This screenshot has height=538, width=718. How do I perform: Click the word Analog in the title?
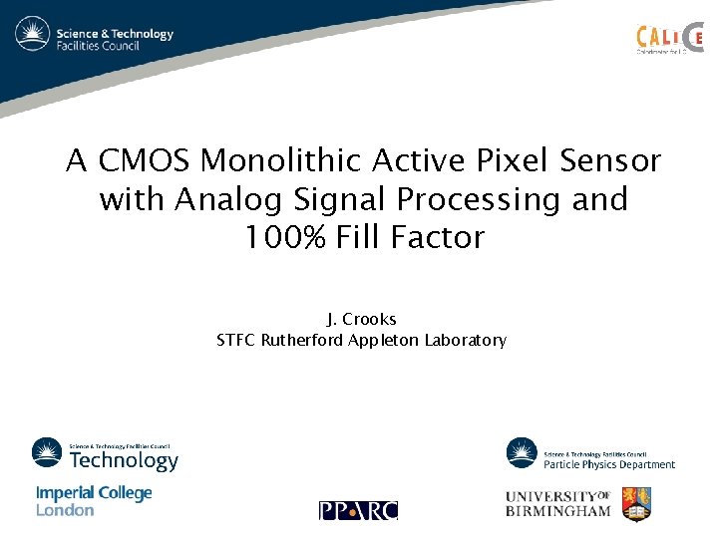coord(220,199)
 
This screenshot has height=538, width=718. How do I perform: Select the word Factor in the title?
coord(443,238)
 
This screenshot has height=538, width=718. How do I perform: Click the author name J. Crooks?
coord(361,320)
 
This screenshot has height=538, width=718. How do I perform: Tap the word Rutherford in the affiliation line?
coord(302,341)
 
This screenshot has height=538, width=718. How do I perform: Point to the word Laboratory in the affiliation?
coord(465,341)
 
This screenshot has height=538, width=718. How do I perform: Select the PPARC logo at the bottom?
coord(358,510)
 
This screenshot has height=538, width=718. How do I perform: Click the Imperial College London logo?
coord(94,501)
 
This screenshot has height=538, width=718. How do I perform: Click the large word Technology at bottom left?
coord(124,460)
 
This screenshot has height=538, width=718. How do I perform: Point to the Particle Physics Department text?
coord(609,464)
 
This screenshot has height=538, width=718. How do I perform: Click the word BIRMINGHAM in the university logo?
coord(558,511)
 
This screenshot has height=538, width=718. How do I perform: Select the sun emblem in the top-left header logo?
coord(32,34)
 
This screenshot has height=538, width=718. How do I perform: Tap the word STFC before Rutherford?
coord(236,341)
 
